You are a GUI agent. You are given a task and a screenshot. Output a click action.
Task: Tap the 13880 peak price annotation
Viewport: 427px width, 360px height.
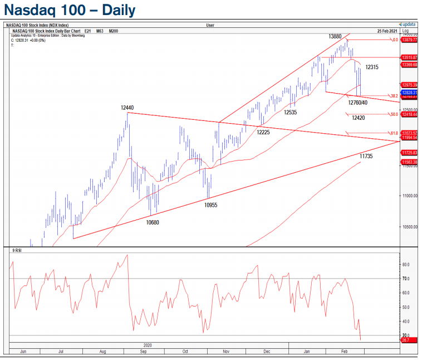pos(335,36)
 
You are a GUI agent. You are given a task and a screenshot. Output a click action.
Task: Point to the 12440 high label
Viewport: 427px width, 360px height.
pos(126,108)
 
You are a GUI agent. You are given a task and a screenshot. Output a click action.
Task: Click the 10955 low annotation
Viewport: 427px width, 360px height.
pos(210,205)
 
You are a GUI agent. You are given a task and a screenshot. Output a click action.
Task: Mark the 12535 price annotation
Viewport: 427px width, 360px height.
pos(290,113)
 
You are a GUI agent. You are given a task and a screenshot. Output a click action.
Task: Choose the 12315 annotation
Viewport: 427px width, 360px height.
pos(372,67)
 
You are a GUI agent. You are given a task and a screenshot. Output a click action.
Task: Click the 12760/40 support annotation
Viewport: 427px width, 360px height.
pos(358,103)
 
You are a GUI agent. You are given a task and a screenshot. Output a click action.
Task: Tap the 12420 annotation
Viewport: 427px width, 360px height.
pos(359,118)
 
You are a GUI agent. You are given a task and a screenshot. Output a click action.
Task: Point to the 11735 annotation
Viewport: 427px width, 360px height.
pos(366,157)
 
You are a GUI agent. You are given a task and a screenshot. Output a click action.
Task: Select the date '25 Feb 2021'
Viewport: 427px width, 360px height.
pos(387,30)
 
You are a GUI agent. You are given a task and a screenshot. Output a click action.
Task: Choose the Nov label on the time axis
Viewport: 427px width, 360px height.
pos(226,352)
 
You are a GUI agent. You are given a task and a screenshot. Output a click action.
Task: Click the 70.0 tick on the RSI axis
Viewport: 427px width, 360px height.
pos(406,279)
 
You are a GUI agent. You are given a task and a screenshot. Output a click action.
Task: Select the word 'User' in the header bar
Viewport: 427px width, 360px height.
pos(210,25)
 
